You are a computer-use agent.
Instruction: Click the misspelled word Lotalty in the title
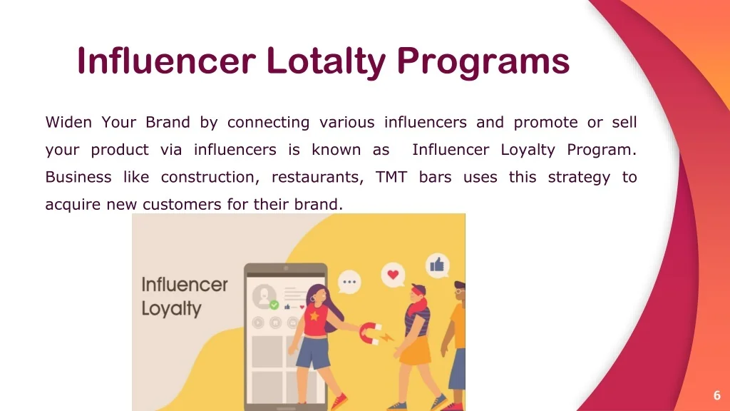(325, 61)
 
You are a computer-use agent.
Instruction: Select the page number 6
(716, 395)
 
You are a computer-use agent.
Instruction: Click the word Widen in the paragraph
(68, 122)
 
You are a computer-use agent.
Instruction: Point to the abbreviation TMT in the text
(391, 177)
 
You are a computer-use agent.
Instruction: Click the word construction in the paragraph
(206, 177)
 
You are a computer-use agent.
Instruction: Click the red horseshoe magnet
(371, 331)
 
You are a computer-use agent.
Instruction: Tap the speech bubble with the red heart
(391, 275)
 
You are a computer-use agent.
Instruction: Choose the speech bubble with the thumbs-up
(437, 266)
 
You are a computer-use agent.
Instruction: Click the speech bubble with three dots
(349, 282)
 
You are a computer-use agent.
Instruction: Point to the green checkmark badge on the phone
(274, 305)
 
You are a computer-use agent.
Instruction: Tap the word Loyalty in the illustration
(171, 309)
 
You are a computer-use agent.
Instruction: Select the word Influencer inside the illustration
(185, 285)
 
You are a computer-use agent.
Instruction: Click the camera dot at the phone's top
(286, 268)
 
